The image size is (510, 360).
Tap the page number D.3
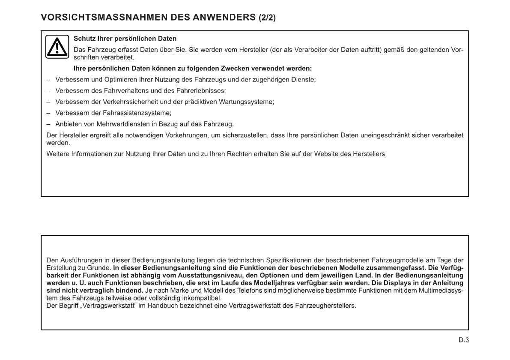464,340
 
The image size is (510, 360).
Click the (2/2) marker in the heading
267,18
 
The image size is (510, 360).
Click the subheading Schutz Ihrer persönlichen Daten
125,39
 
